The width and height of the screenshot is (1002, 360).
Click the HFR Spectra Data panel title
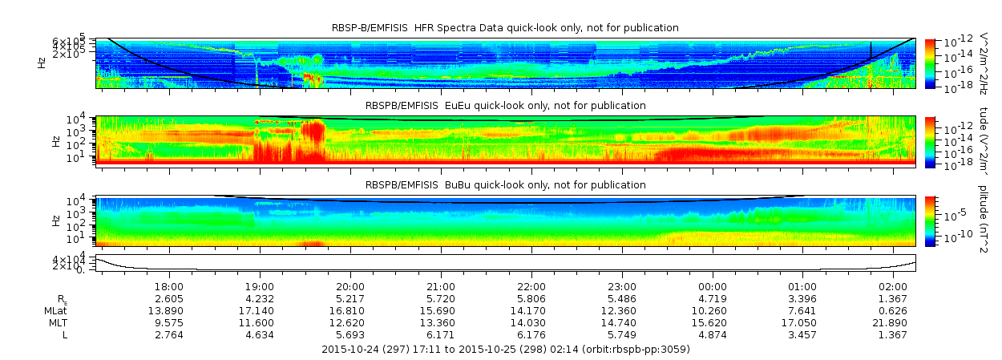pyautogui.click(x=506, y=28)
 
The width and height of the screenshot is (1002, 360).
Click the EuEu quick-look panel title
pyautogui.click(x=506, y=106)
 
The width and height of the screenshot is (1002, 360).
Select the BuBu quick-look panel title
pyautogui.click(x=506, y=185)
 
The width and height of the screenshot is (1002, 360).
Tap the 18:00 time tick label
pyautogui.click(x=169, y=286)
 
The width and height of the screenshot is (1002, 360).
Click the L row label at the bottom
pyautogui.click(x=65, y=334)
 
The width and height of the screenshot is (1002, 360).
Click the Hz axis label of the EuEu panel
pyautogui.click(x=55, y=141)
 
